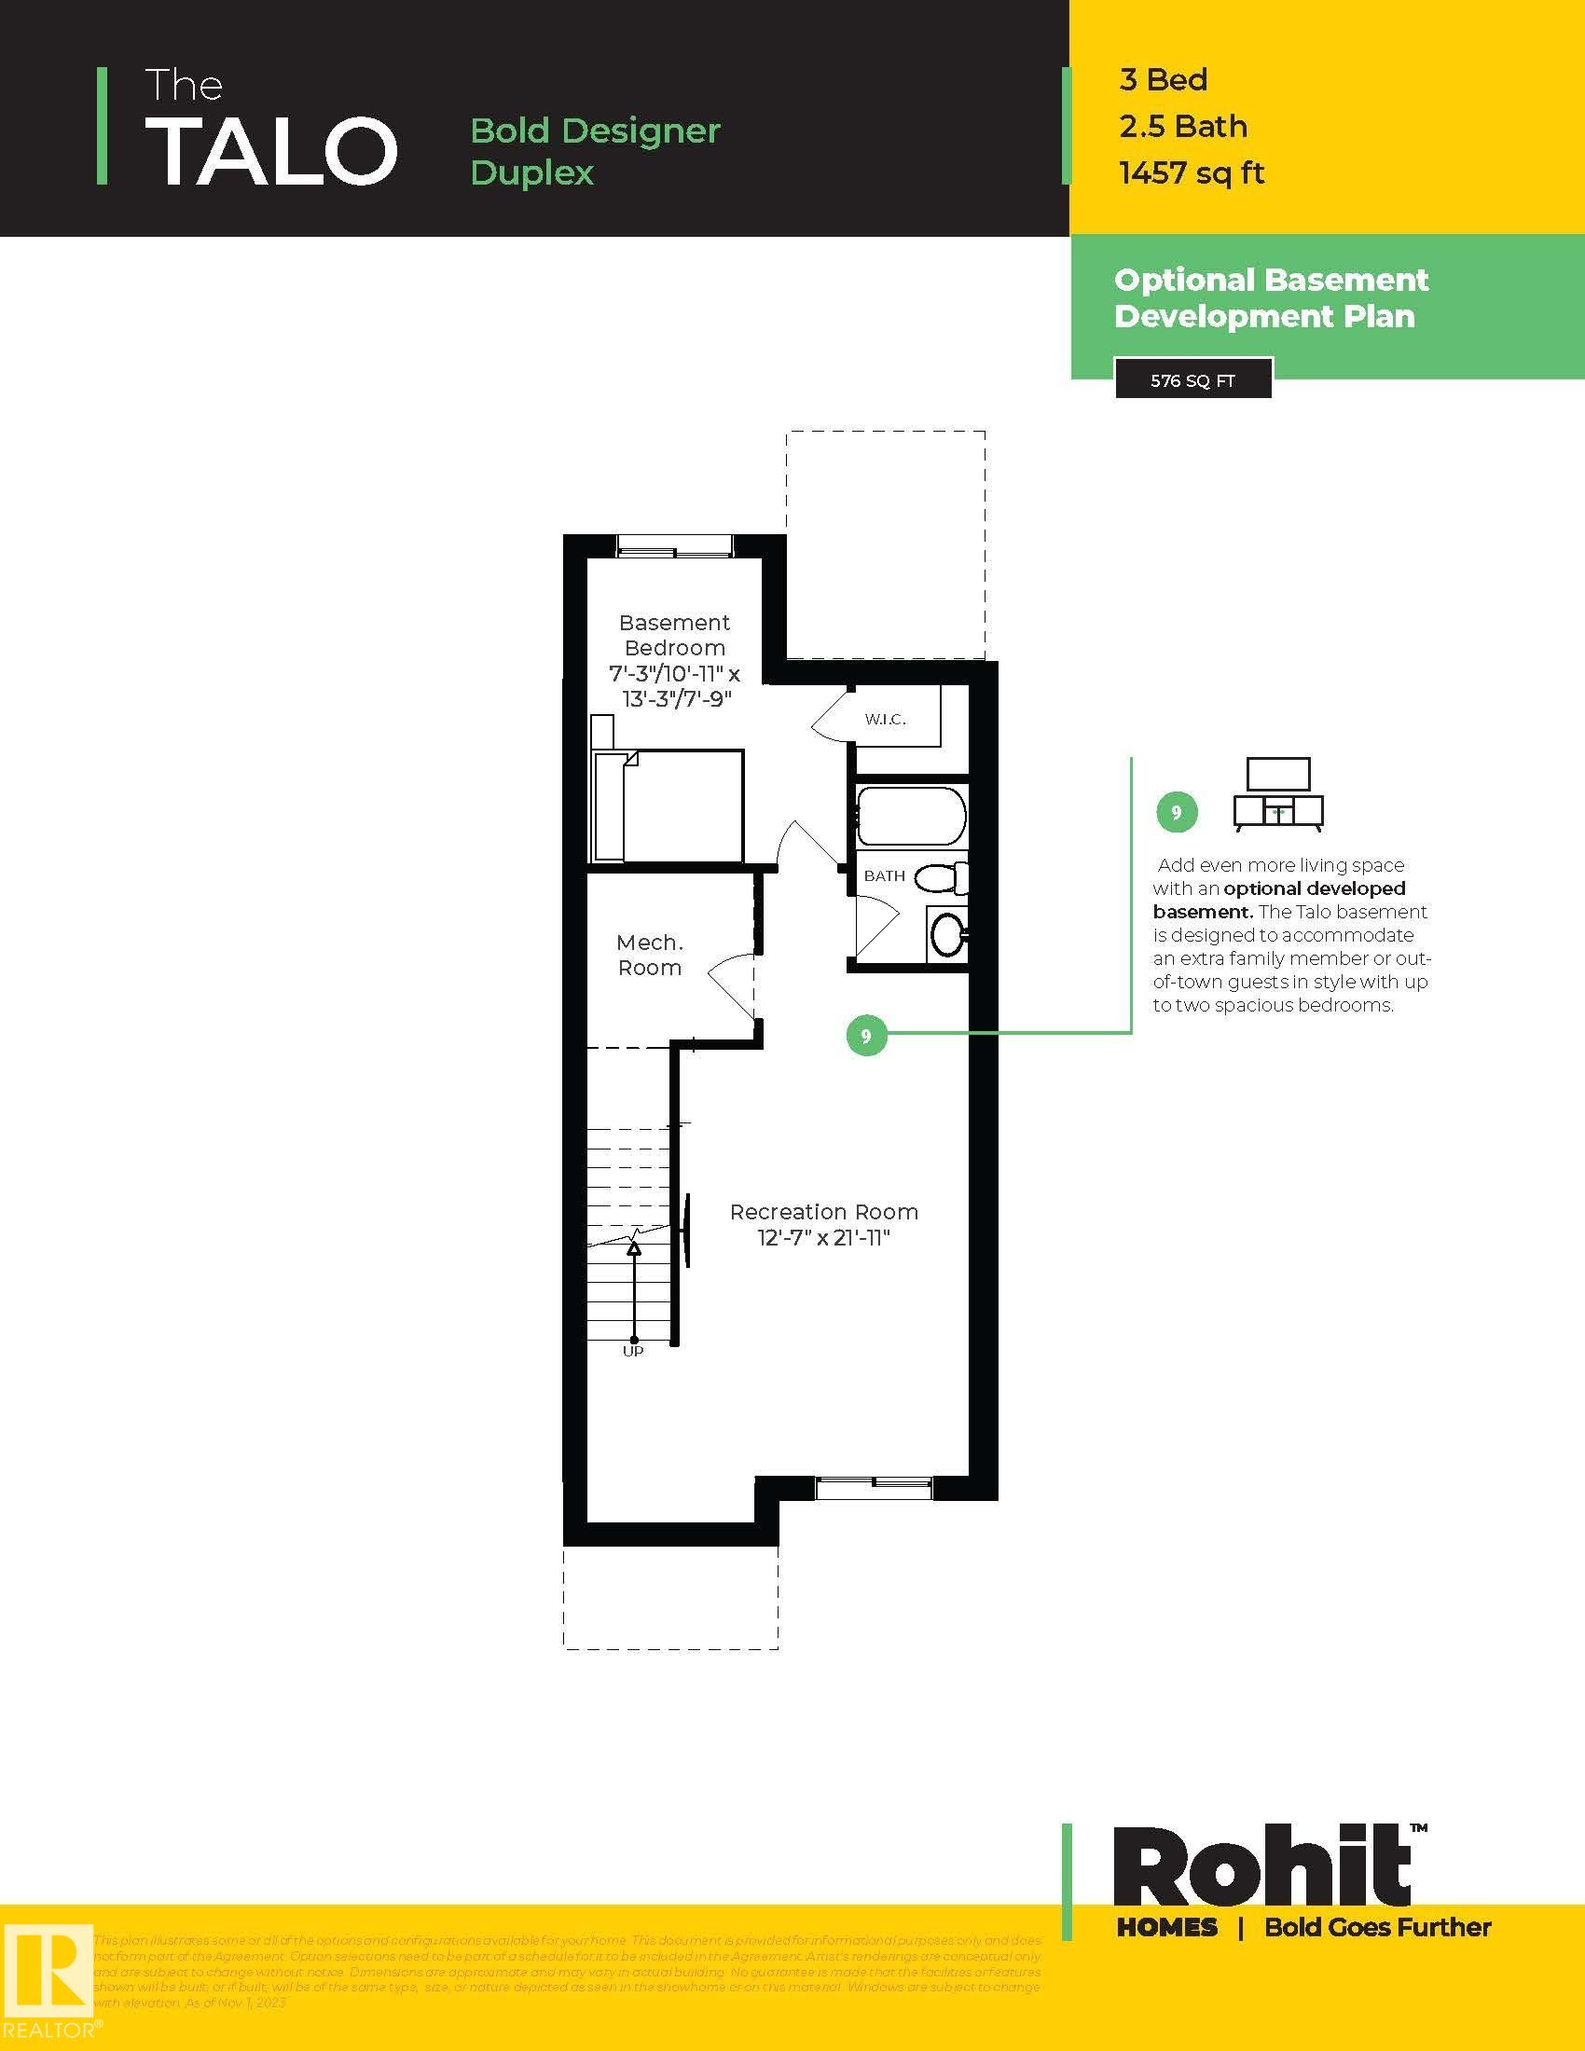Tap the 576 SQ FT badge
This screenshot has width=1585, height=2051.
1192,380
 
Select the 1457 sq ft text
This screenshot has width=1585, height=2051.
1191,172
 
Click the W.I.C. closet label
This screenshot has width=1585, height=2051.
885,720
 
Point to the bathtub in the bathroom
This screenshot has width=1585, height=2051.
910,815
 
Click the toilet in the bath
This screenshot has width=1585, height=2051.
941,878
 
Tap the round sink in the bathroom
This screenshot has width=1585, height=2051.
947,934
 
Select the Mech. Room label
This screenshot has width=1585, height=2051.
649,955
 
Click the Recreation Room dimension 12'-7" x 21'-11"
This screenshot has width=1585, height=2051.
823,1238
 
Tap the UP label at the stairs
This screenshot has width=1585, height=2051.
633,1352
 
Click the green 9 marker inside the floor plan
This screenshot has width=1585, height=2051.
866,1035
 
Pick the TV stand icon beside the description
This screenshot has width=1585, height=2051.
1277,794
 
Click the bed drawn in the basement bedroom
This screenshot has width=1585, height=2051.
668,805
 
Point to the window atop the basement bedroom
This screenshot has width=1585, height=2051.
674,545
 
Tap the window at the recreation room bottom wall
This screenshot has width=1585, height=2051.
874,1489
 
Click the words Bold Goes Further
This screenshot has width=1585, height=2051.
1376,1927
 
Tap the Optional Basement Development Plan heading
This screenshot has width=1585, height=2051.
1271,297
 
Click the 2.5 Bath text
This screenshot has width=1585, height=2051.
1182,126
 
